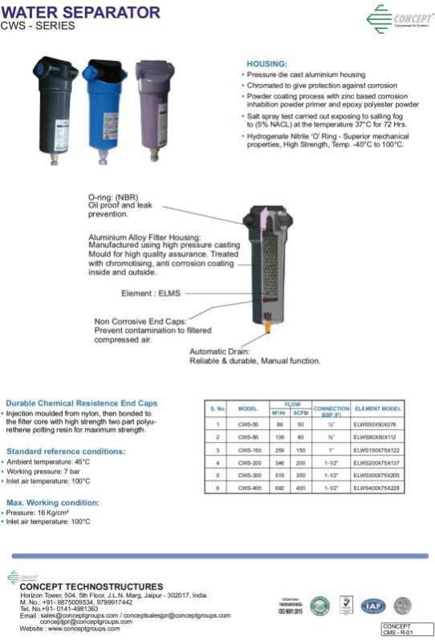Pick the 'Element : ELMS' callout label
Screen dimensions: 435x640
point(150,293)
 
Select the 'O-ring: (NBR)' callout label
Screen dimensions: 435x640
point(113,197)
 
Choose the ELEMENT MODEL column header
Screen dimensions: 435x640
point(377,408)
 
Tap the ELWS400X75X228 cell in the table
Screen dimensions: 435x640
point(377,488)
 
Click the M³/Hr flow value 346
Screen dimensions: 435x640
point(280,464)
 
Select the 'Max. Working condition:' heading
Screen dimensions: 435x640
point(53,502)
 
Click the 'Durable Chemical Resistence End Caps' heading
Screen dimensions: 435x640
point(82,403)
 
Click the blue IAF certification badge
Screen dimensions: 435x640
point(372,606)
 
